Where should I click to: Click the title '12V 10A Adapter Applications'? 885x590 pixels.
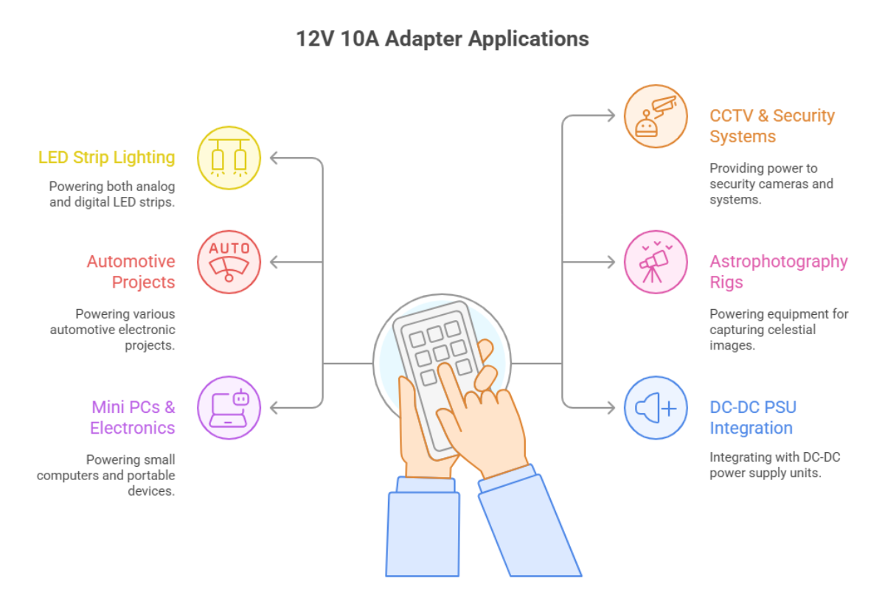point(442,38)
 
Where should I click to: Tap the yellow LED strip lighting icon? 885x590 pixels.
point(229,158)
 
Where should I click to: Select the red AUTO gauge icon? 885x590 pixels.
point(229,262)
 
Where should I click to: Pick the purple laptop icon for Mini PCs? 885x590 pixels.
point(229,407)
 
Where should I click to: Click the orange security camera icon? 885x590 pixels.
point(656,116)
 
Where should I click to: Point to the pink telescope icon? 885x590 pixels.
point(656,262)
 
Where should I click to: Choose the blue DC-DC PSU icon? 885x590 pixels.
point(656,407)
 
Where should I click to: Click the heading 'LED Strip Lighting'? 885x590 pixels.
point(107,157)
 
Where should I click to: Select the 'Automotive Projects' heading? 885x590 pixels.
point(131,271)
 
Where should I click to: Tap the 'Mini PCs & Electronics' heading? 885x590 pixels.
point(133,417)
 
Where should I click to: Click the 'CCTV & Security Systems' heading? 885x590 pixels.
point(771,126)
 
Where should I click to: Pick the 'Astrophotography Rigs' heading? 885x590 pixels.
point(778,271)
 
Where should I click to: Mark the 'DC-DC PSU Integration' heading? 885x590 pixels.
point(752,417)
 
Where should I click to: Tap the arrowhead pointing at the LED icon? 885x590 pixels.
point(274,158)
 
